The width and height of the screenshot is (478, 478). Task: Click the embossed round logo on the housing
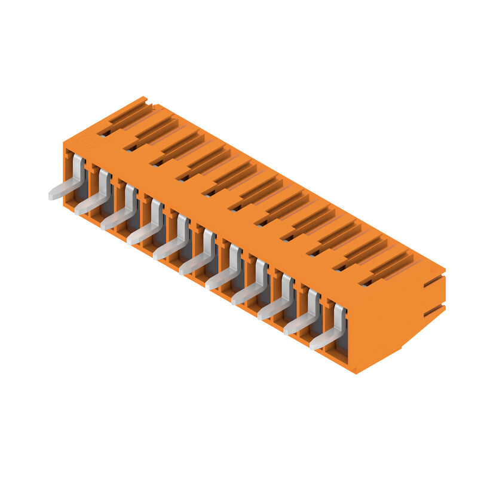(x=85, y=142)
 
